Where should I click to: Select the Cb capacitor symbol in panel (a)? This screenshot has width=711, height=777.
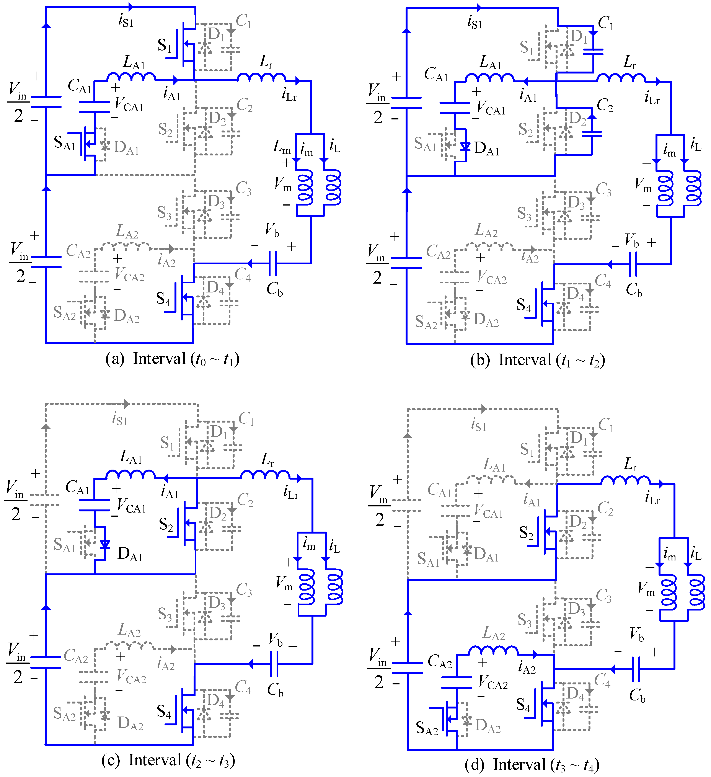[272, 264]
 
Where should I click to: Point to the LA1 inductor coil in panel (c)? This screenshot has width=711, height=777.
[131, 474]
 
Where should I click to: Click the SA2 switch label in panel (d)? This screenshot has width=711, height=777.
[427, 728]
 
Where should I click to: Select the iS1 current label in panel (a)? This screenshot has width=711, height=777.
[126, 20]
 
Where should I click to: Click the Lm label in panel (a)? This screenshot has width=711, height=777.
[282, 147]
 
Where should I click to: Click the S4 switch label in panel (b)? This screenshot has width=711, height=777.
[524, 305]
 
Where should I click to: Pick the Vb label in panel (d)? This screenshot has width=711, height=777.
[637, 634]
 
